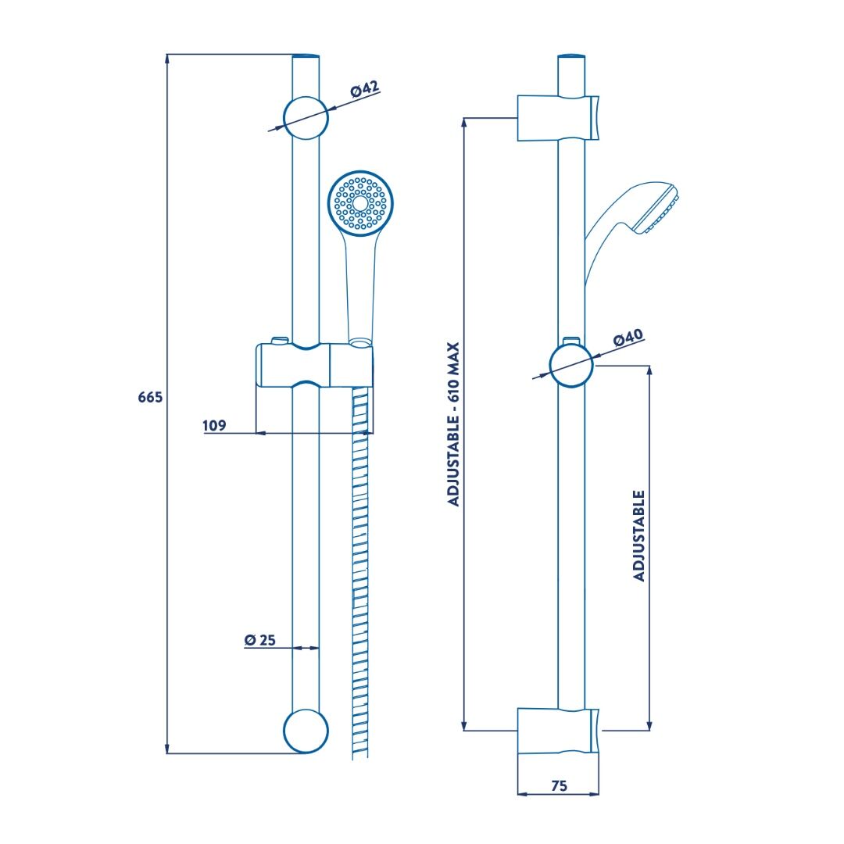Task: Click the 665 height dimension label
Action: pos(150,397)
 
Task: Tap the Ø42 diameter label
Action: pos(365,89)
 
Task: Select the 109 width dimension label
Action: pos(214,425)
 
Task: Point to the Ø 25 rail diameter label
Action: pos(260,639)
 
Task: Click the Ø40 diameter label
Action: pos(628,338)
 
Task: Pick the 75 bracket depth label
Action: pos(560,786)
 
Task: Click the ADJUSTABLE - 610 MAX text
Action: pos(454,424)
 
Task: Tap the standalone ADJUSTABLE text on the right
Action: pos(639,535)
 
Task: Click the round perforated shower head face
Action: pos(360,203)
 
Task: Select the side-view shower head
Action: pos(632,226)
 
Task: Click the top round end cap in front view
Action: pos(306,118)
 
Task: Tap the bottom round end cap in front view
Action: pos(306,731)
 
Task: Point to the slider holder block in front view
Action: pos(314,364)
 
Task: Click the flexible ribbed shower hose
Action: pos(360,574)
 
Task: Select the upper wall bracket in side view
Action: pos(558,119)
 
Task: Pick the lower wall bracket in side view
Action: pos(558,731)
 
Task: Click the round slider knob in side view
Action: pos(571,365)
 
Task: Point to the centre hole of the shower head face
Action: pos(359,203)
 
